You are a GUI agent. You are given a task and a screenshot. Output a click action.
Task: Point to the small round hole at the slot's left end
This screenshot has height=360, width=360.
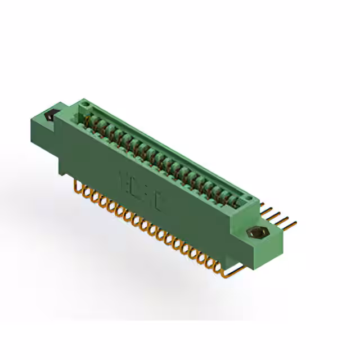click(84, 105)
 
